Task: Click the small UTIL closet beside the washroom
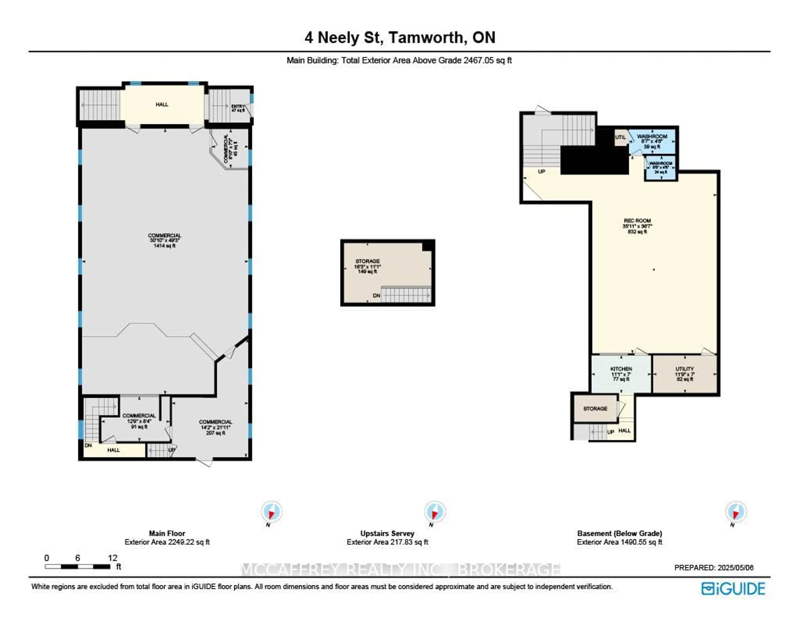[620, 138]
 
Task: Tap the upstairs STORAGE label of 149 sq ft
[367, 266]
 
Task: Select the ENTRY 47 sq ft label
[238, 108]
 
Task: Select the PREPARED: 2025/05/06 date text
[713, 568]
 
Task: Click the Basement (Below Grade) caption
[619, 533]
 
